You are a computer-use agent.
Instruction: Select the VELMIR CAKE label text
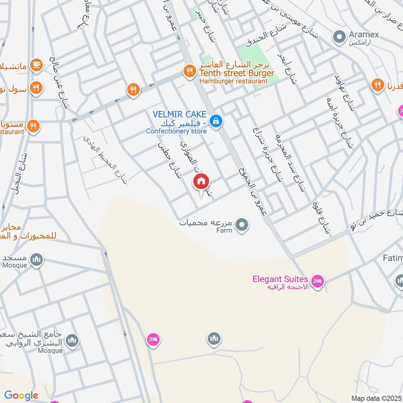(x=177, y=114)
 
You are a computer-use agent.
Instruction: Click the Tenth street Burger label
(x=237, y=74)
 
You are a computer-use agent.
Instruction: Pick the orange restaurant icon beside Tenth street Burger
(x=189, y=71)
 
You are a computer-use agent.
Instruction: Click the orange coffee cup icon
(x=36, y=64)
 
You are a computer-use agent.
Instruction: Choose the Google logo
(x=21, y=395)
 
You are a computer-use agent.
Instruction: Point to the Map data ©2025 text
(x=375, y=398)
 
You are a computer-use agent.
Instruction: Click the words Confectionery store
(x=176, y=131)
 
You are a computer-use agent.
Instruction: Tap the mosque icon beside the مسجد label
(x=36, y=260)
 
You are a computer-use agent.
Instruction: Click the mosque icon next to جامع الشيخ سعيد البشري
(x=73, y=341)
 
